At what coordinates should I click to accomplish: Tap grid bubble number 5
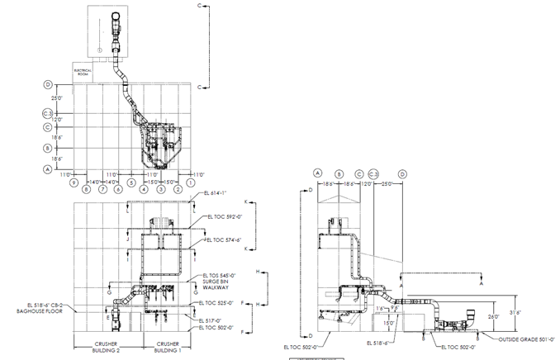coord(132,189)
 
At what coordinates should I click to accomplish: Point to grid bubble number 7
coord(103,189)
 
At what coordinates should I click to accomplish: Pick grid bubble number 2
coord(178,189)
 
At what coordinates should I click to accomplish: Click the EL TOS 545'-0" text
coord(219,276)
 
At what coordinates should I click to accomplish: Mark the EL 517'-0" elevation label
coord(213,320)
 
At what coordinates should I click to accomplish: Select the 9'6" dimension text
coord(394,309)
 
